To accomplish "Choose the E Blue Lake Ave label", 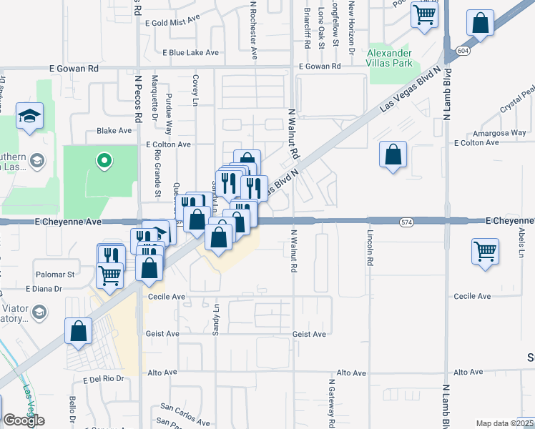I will point(190,53).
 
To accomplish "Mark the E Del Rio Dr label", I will point(104,379).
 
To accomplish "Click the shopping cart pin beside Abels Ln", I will point(485,252).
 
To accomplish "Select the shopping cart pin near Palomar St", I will point(109,274).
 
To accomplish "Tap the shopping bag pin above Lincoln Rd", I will point(393,154).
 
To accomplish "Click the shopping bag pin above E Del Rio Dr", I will point(79,331).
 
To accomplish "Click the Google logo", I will point(23,420).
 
